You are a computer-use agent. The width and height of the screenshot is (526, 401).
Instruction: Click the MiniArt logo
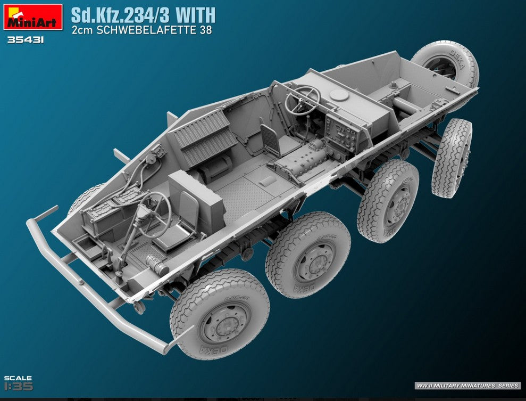(x=33, y=17)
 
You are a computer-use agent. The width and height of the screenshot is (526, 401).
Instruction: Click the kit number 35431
(x=26, y=40)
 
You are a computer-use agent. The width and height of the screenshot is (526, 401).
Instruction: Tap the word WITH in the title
(x=196, y=15)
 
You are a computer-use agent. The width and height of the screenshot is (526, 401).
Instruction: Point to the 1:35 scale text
(x=19, y=386)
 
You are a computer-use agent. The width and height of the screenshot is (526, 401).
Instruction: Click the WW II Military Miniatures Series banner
(x=467, y=386)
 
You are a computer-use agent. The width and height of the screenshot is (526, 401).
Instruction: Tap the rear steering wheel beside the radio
(x=302, y=101)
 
